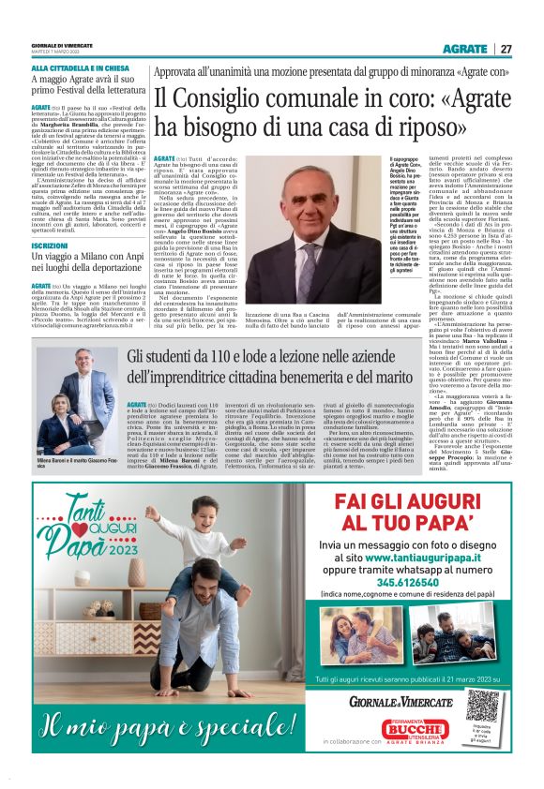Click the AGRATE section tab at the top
coord(465,49)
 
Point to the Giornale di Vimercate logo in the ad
coord(402,702)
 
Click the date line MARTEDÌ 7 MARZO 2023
coord(59,52)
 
